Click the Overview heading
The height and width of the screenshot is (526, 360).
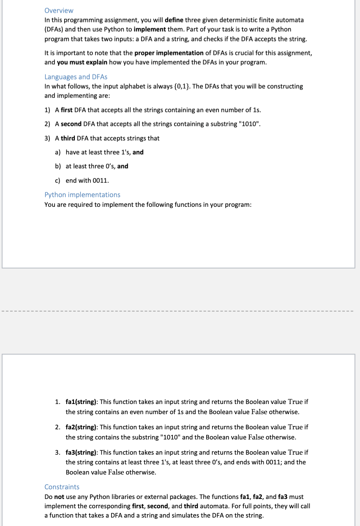pos(59,11)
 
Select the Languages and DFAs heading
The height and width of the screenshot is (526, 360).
pos(76,77)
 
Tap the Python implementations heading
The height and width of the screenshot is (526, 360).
pos(82,195)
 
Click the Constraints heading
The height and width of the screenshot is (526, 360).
pos(62,487)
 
